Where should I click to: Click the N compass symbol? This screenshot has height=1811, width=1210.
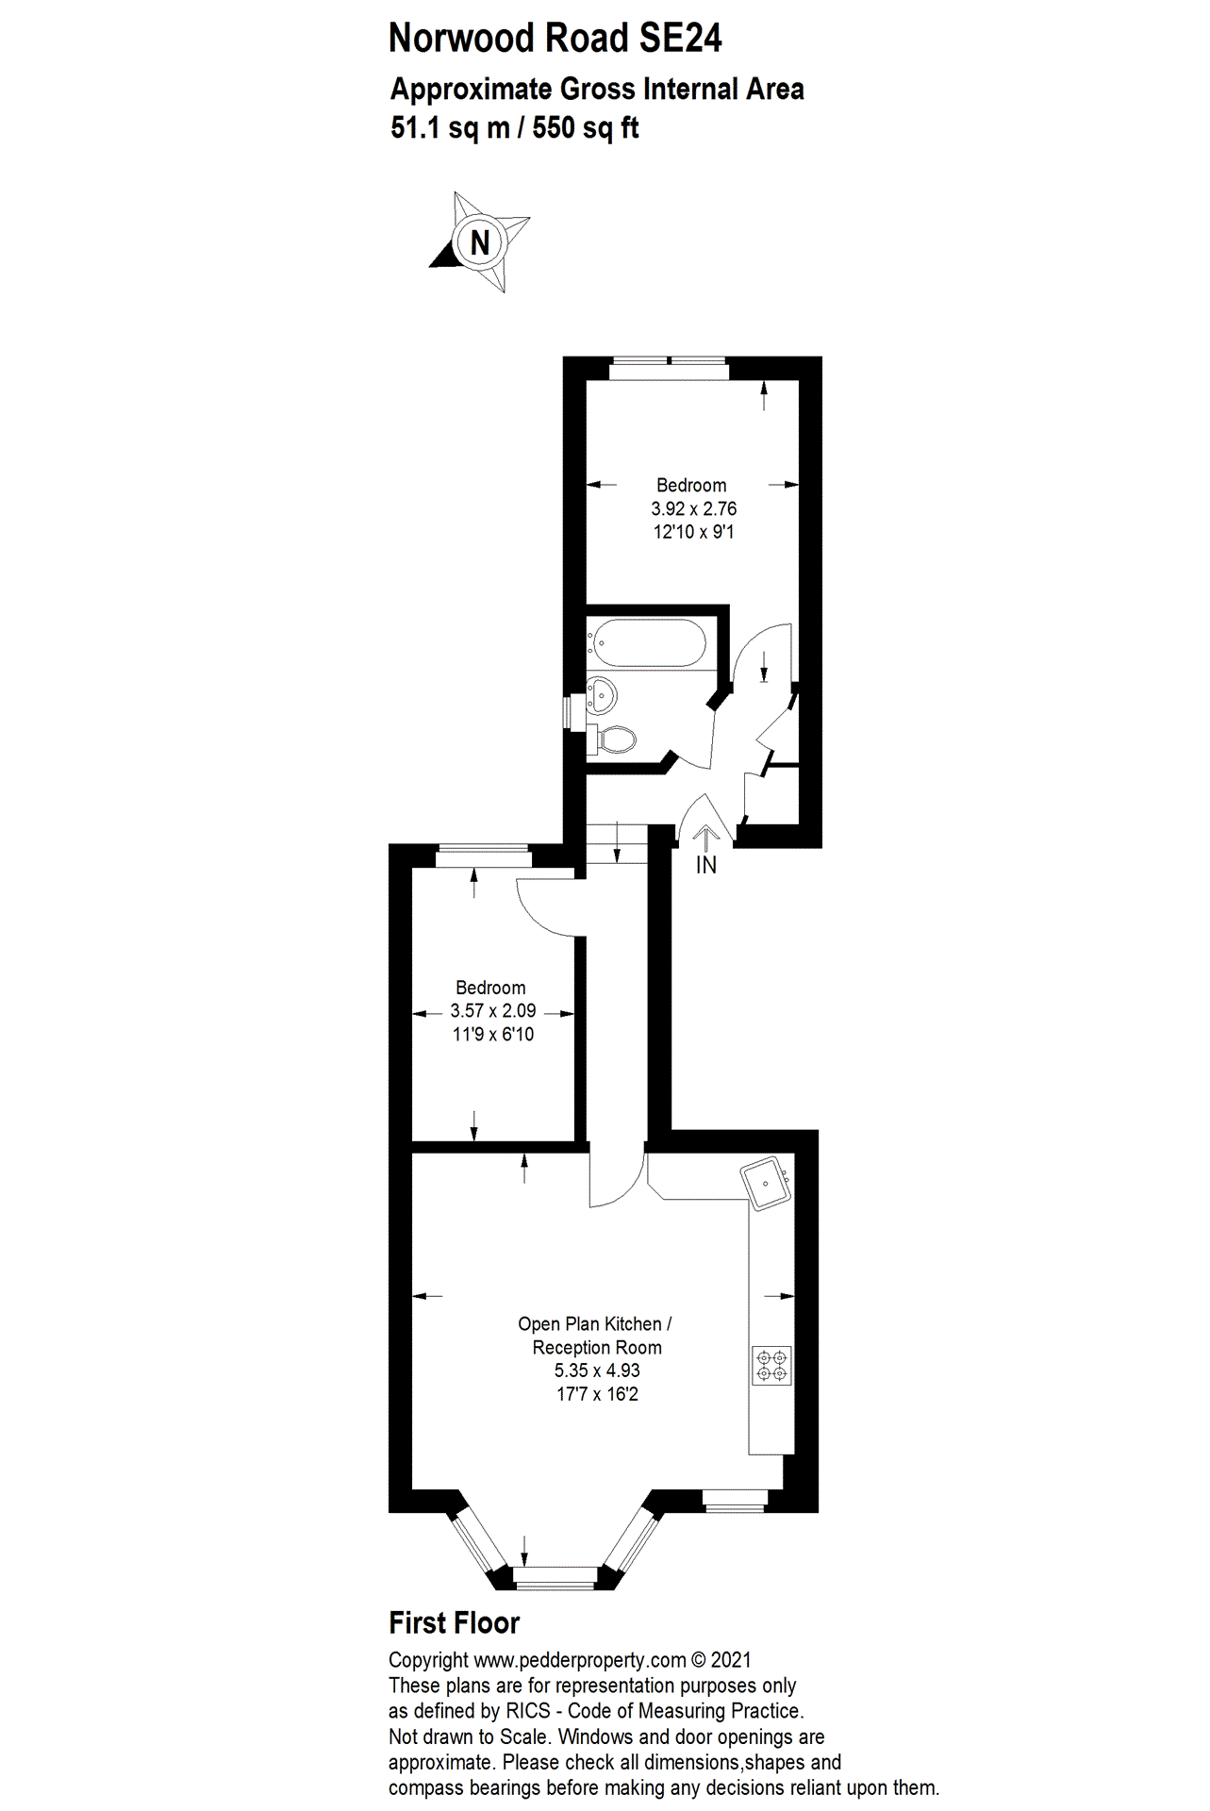pos(480,242)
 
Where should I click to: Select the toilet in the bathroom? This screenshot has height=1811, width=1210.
pos(615,739)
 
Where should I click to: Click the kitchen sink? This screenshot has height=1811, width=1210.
pos(765,1183)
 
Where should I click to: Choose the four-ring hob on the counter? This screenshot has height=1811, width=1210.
pos(771,1366)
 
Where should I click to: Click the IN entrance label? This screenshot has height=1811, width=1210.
pos(706,864)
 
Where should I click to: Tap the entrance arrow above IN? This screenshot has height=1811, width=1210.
pos(705,838)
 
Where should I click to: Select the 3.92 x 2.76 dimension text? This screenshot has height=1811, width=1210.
pos(693,509)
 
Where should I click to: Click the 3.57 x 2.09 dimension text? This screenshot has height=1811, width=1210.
pos(493,1011)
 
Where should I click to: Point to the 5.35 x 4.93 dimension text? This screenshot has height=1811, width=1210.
pos(597,1371)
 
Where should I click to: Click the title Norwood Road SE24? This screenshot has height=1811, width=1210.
pos(555,40)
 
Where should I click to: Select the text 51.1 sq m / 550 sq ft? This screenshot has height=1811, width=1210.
pos(515,127)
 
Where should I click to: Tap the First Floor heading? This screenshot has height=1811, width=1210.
pos(455,1623)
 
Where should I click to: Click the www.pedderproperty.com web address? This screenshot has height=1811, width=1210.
pos(580,1659)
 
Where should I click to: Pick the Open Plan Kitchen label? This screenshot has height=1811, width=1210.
pos(595,1324)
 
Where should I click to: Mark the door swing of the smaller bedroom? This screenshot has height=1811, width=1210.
pos(548,906)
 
